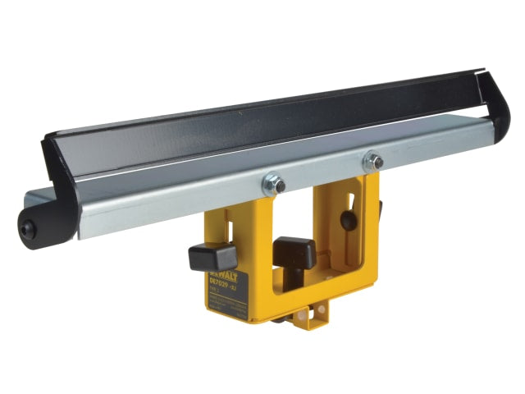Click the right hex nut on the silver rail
[372, 160]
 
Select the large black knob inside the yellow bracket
[295, 252]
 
